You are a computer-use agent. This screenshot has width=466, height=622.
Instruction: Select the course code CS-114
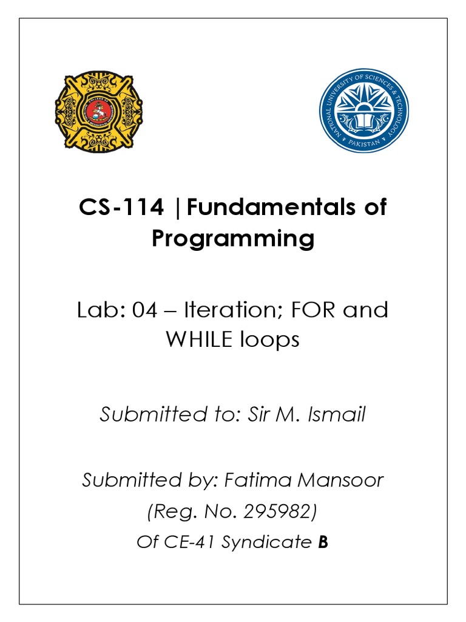[121, 208]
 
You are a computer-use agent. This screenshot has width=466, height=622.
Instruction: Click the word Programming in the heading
[233, 239]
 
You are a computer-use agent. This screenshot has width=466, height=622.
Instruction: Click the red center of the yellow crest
[99, 110]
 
